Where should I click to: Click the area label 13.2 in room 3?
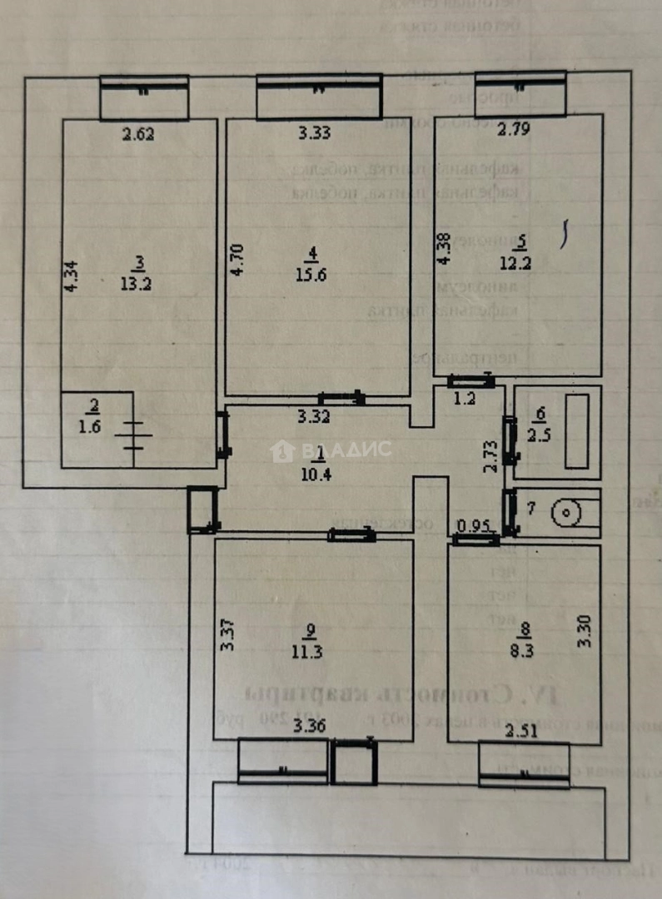(x=139, y=284)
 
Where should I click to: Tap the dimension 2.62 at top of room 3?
(x=139, y=132)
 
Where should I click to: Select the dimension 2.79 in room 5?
(x=513, y=129)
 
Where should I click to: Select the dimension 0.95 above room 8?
(x=473, y=526)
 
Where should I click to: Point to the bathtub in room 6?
(x=577, y=431)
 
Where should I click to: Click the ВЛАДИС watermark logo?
(x=331, y=450)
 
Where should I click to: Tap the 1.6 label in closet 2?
(x=94, y=426)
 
